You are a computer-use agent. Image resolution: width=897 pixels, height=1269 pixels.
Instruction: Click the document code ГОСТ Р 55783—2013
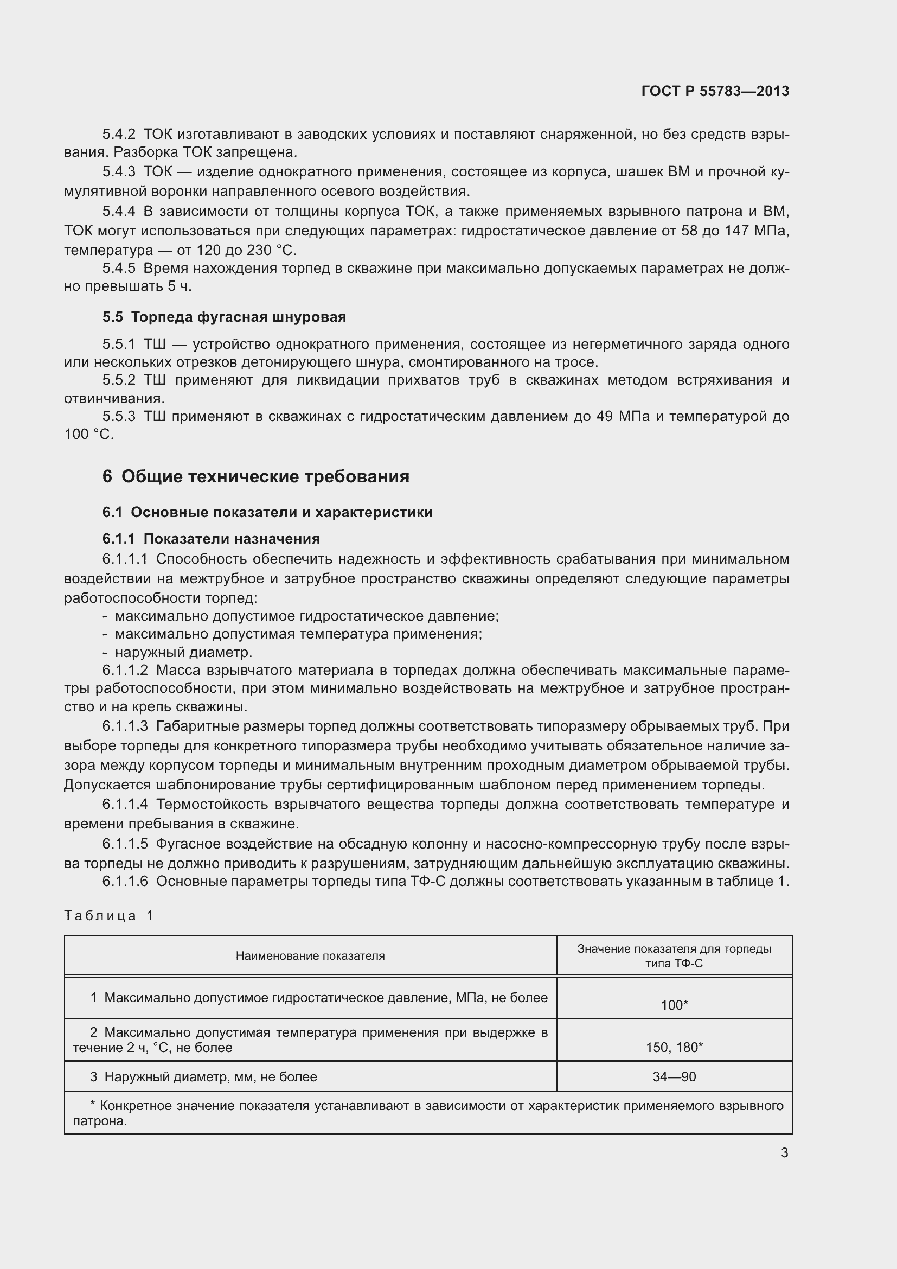pos(715,91)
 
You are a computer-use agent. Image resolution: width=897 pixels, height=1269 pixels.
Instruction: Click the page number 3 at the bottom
pos(784,1152)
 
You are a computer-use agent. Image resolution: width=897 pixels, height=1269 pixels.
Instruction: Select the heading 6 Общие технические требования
pos(256,476)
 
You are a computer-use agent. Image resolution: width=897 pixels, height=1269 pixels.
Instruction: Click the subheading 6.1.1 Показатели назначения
pos(211,539)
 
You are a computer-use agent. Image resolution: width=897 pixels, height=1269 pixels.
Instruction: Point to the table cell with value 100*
pos(674,1005)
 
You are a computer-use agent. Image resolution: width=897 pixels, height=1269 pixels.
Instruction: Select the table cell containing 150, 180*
pos(674,1047)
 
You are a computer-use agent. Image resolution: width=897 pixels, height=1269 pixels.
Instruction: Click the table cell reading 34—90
pos(674,1076)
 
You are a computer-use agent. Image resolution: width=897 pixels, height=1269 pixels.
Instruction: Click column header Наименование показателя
pos(310,955)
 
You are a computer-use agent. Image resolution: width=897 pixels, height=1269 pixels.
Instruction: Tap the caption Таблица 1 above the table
pos(109,916)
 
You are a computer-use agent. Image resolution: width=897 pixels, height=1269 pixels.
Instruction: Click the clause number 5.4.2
pos(119,135)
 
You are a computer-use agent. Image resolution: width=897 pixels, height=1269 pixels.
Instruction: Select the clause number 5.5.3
pos(119,416)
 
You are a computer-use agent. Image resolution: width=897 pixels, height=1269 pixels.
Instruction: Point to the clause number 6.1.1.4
pos(125,804)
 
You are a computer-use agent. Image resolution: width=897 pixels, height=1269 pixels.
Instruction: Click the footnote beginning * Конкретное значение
pos(428,1113)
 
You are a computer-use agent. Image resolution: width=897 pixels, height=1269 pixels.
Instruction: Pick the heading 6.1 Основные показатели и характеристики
pos(267,512)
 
